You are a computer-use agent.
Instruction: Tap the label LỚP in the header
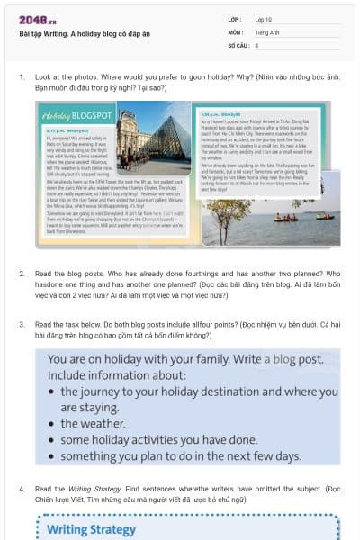coord(235,19)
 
